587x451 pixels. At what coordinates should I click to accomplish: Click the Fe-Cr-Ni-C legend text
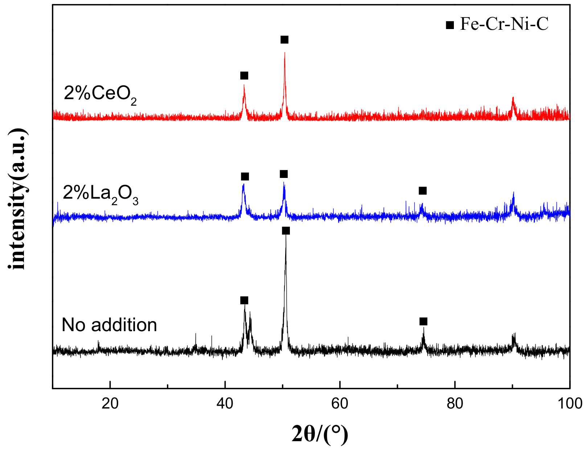coord(504,24)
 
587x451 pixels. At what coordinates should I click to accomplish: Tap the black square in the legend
coord(450,25)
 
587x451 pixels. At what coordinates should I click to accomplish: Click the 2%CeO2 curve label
coord(100,94)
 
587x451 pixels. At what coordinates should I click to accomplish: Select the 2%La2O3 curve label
coord(100,194)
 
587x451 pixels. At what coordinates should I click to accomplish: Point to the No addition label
coord(109,325)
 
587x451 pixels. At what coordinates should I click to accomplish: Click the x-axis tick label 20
coord(110,403)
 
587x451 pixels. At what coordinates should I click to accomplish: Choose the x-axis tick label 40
coord(225,403)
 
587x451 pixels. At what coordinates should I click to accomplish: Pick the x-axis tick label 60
coord(340,403)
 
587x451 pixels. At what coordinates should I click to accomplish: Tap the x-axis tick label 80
coord(455,403)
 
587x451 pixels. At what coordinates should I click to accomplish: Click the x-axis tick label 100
coord(570,403)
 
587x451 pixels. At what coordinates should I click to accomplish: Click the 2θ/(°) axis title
coord(320,434)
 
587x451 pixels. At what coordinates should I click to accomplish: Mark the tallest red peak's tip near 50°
coord(285,53)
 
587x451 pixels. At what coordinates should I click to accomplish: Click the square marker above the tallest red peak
coord(284,40)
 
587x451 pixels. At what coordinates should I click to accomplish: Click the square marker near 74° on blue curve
coord(423,191)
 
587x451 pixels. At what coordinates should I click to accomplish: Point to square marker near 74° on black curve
coord(423,321)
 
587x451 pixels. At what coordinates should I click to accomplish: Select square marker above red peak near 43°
coord(244,76)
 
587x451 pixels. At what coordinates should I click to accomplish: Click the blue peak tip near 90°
coord(513,193)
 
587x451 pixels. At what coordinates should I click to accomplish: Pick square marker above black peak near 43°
coord(244,300)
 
